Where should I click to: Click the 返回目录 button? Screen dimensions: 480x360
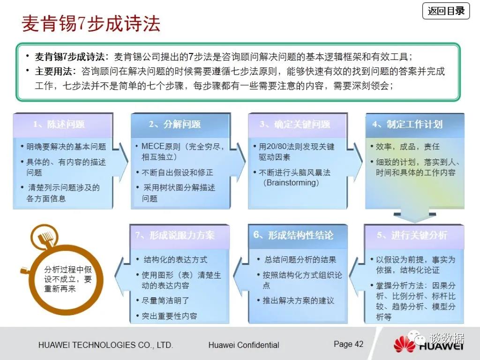pos(446,11)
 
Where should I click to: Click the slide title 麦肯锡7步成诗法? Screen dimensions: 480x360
pos(91,23)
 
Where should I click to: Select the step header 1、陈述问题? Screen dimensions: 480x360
pos(59,124)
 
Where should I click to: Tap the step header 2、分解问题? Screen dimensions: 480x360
pos(175,124)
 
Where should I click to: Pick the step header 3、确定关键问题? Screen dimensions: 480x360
pos(295,124)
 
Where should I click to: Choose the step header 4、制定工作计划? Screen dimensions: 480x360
pos(407,124)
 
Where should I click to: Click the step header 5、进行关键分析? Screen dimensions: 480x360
pos(412,235)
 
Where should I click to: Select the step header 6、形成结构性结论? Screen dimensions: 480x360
pos(293,235)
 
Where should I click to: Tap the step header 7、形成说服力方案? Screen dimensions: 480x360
pos(175,235)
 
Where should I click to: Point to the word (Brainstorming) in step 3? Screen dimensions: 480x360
pos(291,183)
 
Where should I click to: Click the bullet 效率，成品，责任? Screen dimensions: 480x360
pos(405,147)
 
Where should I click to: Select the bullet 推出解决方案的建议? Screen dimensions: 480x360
pos(296,300)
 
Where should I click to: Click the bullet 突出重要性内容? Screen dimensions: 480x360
pos(167,316)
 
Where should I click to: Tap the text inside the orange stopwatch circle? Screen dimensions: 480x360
pos(67,279)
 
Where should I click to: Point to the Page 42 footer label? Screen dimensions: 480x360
pos(348,344)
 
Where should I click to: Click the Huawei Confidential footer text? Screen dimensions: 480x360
pos(244,345)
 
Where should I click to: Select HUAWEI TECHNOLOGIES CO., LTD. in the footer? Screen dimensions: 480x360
pos(105,345)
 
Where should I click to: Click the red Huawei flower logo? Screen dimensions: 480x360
pos(404,344)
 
